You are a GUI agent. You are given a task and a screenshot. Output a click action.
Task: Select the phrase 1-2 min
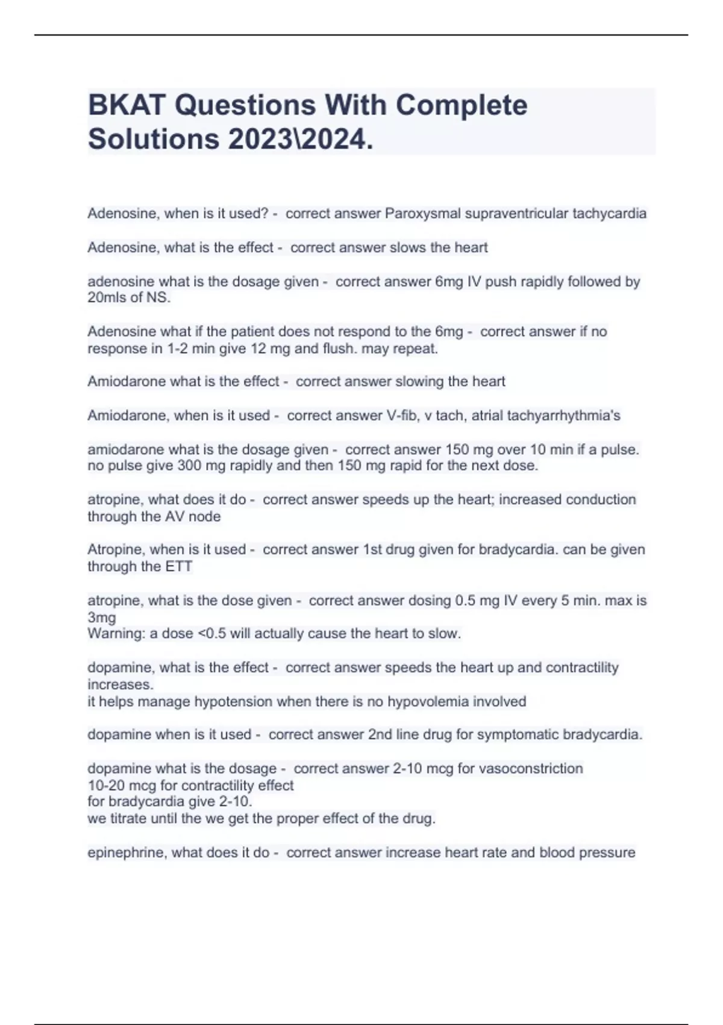183,348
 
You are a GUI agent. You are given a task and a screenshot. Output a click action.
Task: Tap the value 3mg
101,617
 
